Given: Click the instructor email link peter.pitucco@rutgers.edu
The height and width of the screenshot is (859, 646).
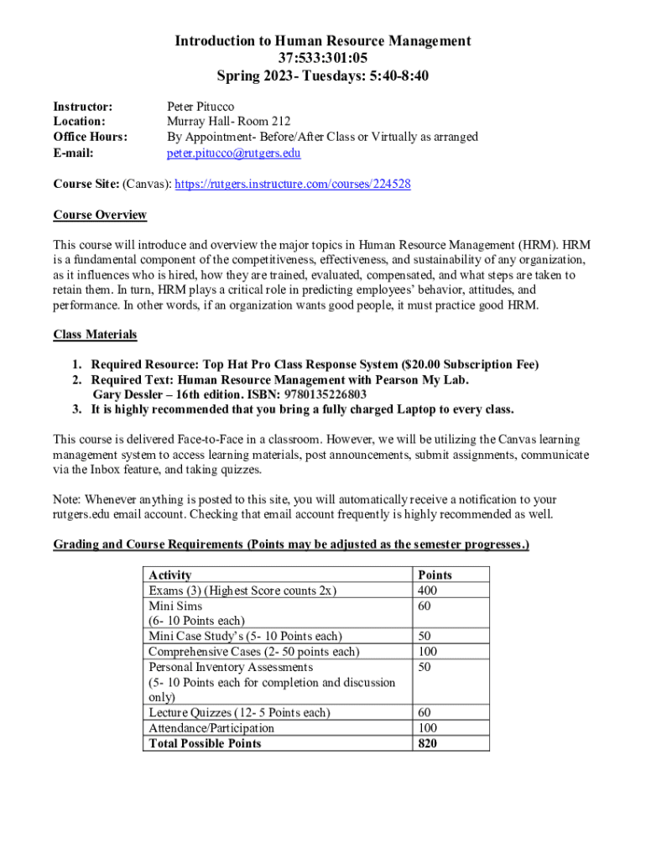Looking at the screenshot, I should pyautogui.click(x=233, y=154).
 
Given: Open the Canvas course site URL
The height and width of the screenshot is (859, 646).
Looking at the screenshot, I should pyautogui.click(x=292, y=184).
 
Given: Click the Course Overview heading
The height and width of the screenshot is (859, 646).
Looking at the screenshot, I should pyautogui.click(x=100, y=215).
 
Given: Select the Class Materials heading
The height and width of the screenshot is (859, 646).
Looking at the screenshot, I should pyautogui.click(x=95, y=335).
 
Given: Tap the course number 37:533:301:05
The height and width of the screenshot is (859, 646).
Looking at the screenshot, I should pyautogui.click(x=323, y=58).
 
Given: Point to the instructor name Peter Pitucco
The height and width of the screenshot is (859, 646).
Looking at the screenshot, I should pyautogui.click(x=201, y=107).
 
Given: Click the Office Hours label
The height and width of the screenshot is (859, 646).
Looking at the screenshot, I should pyautogui.click(x=91, y=137).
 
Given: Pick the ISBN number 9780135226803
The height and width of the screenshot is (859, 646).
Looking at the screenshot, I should pyautogui.click(x=326, y=394).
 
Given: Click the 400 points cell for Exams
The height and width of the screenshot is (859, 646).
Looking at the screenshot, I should pyautogui.click(x=427, y=591).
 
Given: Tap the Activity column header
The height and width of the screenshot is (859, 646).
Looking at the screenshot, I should pyautogui.click(x=169, y=575).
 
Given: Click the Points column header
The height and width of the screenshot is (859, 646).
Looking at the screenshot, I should pyautogui.click(x=434, y=575).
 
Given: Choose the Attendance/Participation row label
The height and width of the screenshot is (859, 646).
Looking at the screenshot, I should pyautogui.click(x=211, y=728).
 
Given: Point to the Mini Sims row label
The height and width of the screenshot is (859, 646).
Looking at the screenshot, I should pyautogui.click(x=175, y=606).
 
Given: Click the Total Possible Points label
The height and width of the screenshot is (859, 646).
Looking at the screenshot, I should pyautogui.click(x=205, y=743).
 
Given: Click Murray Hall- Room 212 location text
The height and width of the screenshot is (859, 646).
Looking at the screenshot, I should pyautogui.click(x=228, y=122).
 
